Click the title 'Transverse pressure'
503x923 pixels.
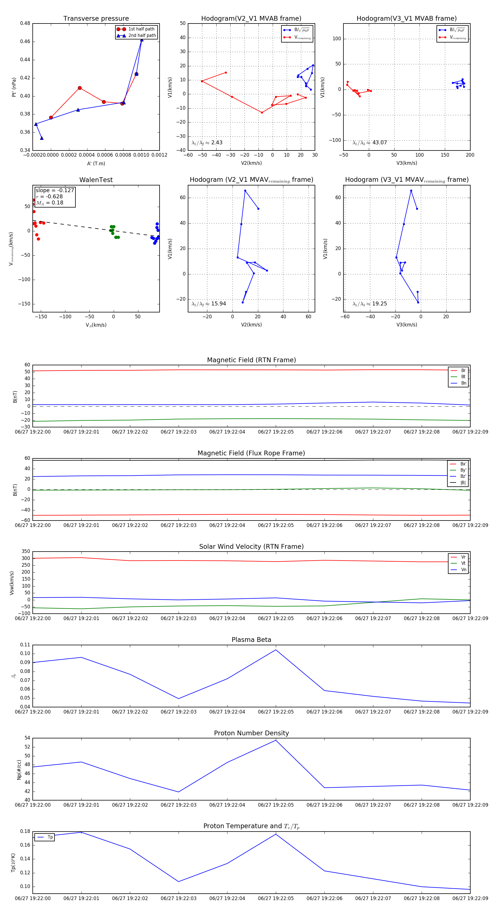(96, 19)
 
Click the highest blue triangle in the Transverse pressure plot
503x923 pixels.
(142, 40)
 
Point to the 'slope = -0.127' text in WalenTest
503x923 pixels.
(55, 190)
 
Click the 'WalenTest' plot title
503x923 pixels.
(96, 180)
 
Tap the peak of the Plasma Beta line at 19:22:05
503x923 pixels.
(276, 650)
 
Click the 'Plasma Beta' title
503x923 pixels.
(251, 640)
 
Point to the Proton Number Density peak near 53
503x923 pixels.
(276, 740)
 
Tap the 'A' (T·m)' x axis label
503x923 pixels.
(96, 163)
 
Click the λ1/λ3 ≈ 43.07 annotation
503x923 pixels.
(370, 143)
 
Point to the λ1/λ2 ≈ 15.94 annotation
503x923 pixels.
(209, 304)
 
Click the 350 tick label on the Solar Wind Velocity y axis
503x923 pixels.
(26, 552)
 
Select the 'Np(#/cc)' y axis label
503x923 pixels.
(19, 770)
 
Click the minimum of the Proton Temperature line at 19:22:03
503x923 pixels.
(179, 881)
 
